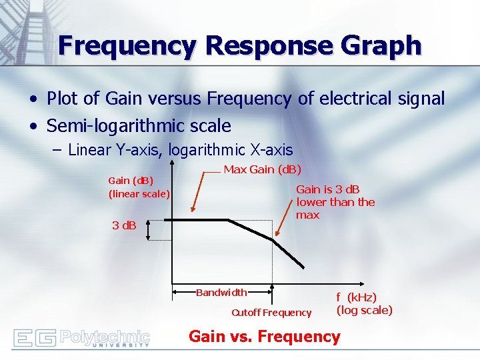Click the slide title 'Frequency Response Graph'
[239, 45]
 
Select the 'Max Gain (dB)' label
[262, 169]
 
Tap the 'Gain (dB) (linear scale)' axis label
[139, 187]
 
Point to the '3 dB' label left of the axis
[124, 225]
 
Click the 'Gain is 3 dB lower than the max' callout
[335, 202]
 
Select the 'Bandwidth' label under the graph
[221, 292]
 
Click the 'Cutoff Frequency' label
[271, 313]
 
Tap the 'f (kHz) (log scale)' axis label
[364, 303]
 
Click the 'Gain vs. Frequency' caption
[264, 336]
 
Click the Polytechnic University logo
[81, 337]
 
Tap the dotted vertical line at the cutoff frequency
[273, 263]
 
